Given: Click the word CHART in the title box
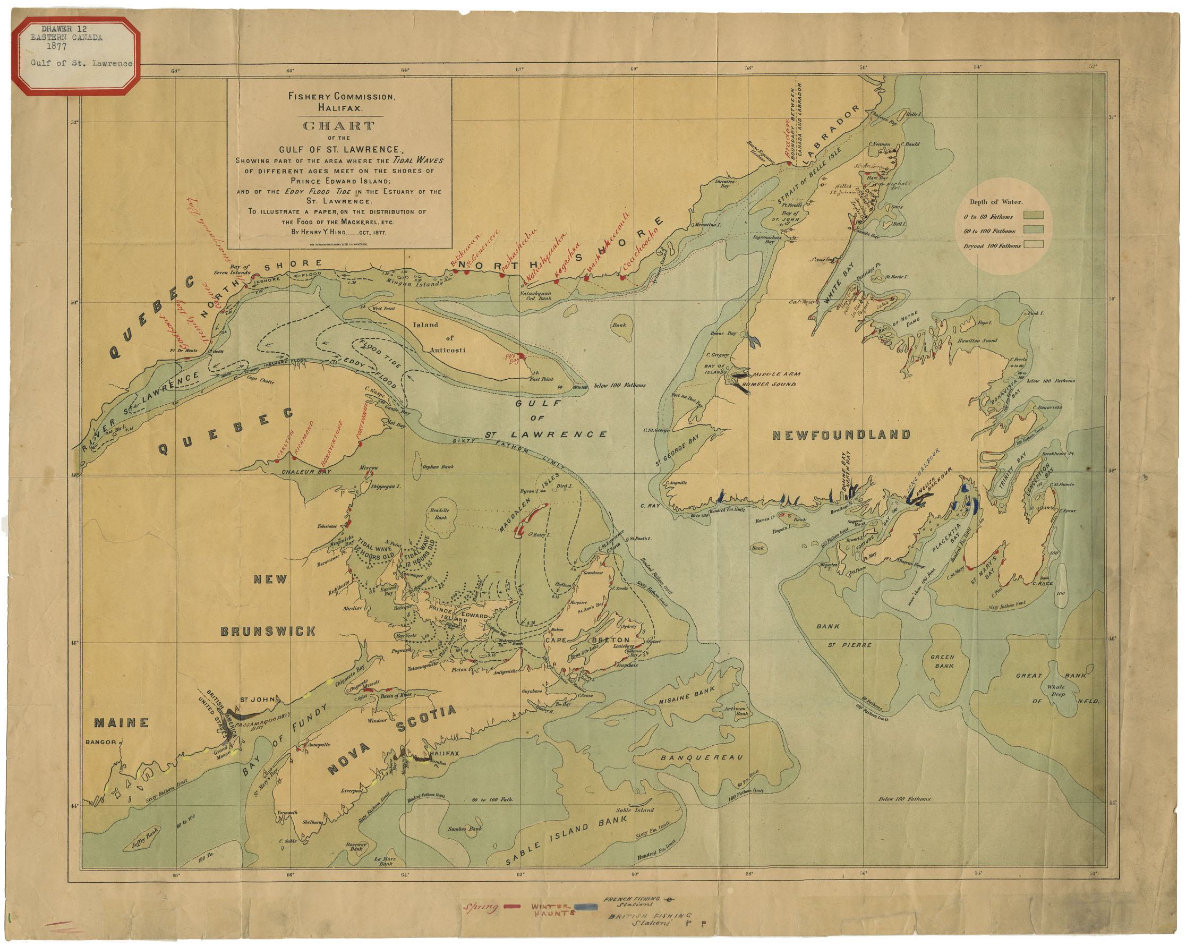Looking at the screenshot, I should coord(339,126).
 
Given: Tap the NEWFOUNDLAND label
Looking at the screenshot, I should coord(842,435).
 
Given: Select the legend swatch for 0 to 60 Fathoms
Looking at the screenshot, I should coord(1033,216).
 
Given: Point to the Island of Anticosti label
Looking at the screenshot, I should coord(434,337).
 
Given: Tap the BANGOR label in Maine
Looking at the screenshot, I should coord(101,742).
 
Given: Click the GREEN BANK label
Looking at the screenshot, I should coord(943,661).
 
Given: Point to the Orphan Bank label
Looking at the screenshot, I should coord(438,466).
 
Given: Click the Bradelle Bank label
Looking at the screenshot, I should coord(440,514).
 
